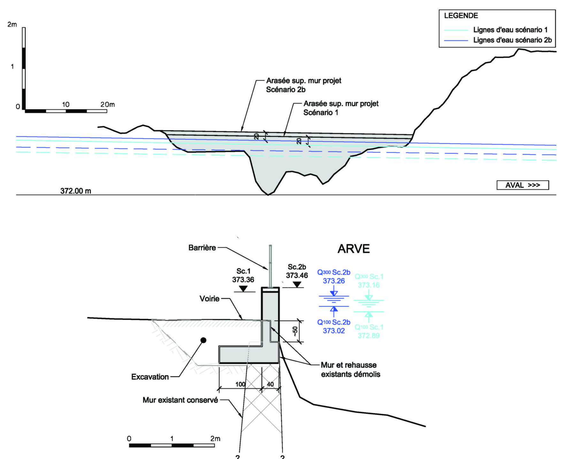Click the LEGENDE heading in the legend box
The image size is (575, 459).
coord(461,16)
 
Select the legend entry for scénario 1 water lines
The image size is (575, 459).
coord(510,30)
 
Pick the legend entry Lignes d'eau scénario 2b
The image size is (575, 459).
coord(512,40)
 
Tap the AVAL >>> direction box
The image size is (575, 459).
coord(522,185)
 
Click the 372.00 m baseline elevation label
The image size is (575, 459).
coord(76,191)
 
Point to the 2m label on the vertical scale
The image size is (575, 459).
coord(12,25)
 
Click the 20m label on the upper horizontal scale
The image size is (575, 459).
coord(107,105)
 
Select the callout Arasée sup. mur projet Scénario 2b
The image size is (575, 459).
coord(303,85)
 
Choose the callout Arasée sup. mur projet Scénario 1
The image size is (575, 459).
coord(341,108)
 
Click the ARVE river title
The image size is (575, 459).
coord(354,249)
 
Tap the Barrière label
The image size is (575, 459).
coord(202,248)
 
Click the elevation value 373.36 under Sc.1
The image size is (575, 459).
coord(243,280)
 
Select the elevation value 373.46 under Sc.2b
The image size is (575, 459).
coord(297,276)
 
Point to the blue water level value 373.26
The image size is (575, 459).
coord(334,281)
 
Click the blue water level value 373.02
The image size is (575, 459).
coord(334,331)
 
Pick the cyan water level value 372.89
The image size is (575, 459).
coord(369,336)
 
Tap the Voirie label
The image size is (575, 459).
coord(209,299)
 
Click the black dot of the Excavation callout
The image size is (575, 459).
coord(203,340)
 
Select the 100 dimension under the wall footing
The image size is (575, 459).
coord(240,384)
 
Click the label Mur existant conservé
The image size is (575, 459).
coord(180,400)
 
